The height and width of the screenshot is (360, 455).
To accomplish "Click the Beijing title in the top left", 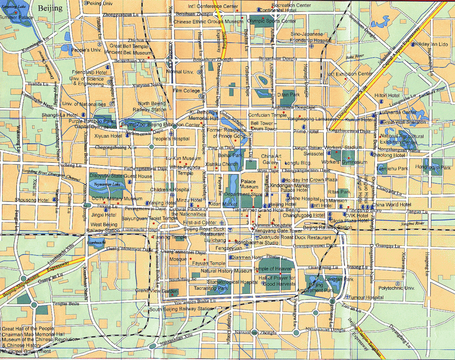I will pyautogui.click(x=50, y=8).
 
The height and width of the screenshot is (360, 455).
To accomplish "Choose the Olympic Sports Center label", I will pyautogui.click(x=271, y=21).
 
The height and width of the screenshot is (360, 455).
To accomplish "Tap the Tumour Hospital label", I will pyautogui.click(x=367, y=297).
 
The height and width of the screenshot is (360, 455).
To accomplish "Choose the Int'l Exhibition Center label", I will pyautogui.click(x=349, y=74).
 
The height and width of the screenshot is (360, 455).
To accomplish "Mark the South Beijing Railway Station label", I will pyautogui.click(x=181, y=309).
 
